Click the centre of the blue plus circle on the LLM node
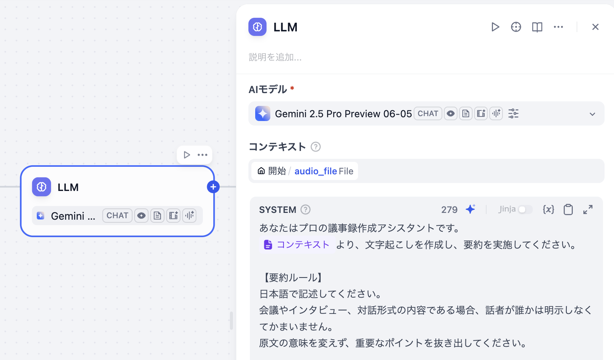(213, 187)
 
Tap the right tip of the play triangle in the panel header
(499, 27)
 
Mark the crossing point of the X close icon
(595, 27)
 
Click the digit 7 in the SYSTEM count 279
(449, 210)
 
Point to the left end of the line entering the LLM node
(0, 187)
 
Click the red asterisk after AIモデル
(292, 88)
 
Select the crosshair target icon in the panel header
(516, 27)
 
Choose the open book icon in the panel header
(537, 27)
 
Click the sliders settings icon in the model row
(513, 113)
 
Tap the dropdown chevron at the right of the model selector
(592, 114)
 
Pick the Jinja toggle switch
(525, 209)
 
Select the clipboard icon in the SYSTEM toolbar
(568, 209)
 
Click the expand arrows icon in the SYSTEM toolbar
(588, 209)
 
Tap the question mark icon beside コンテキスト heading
(315, 147)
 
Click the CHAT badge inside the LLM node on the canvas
(117, 216)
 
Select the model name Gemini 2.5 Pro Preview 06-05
(343, 114)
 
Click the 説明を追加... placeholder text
(275, 57)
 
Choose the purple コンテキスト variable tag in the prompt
(297, 245)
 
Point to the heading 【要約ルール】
(291, 278)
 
